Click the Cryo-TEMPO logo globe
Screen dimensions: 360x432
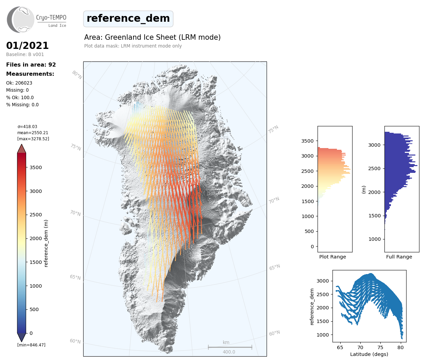(21, 20)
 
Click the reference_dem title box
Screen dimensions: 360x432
(128, 19)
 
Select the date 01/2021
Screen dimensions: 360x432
(28, 46)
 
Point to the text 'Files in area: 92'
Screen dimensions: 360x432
(31, 65)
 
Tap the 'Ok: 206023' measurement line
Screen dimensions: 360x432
(19, 83)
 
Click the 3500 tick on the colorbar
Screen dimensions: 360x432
(36, 167)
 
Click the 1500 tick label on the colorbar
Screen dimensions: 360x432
(36, 262)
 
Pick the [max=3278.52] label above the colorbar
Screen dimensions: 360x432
(33, 139)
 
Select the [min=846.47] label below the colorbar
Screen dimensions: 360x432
(31, 345)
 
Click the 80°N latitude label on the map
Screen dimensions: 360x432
(77, 75)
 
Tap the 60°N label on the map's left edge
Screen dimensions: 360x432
(75, 341)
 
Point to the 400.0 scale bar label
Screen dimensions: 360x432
(229, 352)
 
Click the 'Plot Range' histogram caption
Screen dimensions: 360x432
(332, 257)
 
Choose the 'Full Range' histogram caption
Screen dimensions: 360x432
(399, 257)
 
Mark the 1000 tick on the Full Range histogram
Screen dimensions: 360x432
(375, 239)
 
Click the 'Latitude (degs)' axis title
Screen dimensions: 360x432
(369, 354)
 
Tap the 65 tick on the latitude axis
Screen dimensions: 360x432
(340, 347)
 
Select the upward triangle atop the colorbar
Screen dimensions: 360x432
(21, 148)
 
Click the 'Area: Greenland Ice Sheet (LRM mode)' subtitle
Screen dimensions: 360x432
(152, 37)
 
